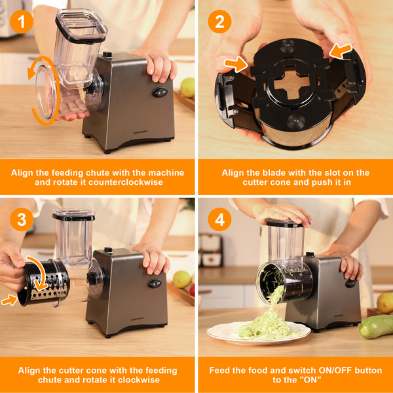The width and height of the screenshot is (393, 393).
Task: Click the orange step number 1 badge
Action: pos(22,22)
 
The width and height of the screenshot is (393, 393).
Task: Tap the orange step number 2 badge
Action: pos(219,22)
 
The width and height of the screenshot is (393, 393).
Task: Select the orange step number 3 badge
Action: pos(22,219)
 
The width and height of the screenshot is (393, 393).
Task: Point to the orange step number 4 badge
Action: pos(219,219)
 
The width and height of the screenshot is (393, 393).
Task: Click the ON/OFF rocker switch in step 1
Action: pos(160,92)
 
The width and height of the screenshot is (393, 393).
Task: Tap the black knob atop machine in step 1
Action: pos(108,54)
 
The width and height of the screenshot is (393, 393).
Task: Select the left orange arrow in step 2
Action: pos(236,64)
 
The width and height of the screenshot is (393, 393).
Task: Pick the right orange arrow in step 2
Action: pos(341,51)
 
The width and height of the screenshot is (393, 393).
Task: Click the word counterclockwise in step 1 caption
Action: pos(126,182)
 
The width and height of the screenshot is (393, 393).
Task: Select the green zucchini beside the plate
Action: pos(376,327)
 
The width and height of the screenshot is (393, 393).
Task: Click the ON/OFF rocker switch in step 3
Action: pos(155,283)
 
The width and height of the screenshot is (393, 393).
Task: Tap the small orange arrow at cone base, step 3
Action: pos(9,300)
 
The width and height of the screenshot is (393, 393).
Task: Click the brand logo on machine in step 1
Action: pos(140,132)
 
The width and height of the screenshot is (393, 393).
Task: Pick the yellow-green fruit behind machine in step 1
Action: pos(187,88)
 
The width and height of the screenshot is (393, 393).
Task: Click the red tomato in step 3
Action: pos(192,290)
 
